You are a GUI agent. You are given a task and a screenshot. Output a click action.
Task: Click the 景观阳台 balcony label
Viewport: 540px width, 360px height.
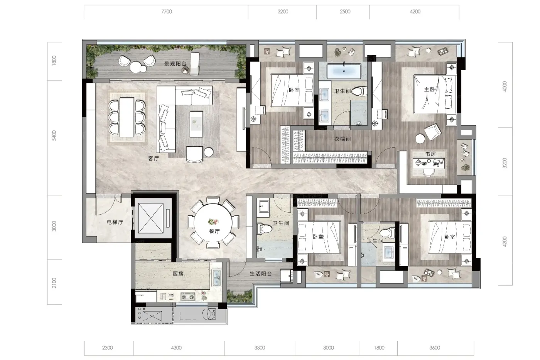pyautogui.click(x=175, y=64)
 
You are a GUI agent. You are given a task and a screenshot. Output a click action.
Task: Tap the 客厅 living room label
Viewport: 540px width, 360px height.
pyautogui.click(x=154, y=159)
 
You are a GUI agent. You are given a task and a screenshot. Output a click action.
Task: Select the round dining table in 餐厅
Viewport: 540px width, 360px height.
pyautogui.click(x=213, y=223)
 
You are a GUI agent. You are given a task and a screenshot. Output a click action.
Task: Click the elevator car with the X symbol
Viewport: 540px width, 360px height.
pyautogui.click(x=151, y=218)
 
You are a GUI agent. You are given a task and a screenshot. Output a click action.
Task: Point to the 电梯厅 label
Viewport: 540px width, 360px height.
pyautogui.click(x=115, y=222)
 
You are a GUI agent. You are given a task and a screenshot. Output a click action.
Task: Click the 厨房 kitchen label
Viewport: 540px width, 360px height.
pyautogui.click(x=178, y=274)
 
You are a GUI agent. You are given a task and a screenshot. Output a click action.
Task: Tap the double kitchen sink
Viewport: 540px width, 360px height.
pyautogui.click(x=216, y=278)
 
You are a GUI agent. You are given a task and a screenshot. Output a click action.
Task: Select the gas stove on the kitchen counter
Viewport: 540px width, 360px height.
pyautogui.click(x=188, y=296)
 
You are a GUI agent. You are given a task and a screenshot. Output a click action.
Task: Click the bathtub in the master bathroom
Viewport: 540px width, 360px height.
pyautogui.click(x=344, y=71)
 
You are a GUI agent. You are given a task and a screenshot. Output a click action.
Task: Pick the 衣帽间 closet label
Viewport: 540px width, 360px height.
pyautogui.click(x=343, y=139)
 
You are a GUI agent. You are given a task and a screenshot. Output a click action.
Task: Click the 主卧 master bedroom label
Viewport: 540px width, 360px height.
pyautogui.click(x=429, y=90)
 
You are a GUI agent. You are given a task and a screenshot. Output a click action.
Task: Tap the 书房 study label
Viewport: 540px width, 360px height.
pyautogui.click(x=430, y=154)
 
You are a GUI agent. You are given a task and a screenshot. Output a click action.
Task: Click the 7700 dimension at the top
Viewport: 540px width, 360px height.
pyautogui.click(x=167, y=12)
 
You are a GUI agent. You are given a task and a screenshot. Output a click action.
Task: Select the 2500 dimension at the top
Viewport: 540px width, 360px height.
pyautogui.click(x=345, y=12)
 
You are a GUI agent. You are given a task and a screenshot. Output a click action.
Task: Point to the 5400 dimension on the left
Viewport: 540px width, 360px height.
pyautogui.click(x=54, y=135)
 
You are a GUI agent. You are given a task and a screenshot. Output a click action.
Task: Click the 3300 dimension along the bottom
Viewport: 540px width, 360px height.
pyautogui.click(x=260, y=348)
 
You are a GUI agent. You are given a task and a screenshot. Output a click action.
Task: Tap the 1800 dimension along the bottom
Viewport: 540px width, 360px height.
pyautogui.click(x=379, y=348)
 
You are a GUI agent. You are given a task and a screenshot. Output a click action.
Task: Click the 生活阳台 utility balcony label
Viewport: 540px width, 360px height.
pyautogui.click(x=261, y=274)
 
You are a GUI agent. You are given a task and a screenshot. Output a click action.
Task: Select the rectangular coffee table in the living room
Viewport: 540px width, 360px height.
pyautogui.click(x=196, y=124)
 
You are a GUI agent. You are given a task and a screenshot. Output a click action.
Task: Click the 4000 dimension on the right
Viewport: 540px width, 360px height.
pyautogui.click(x=505, y=86)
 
